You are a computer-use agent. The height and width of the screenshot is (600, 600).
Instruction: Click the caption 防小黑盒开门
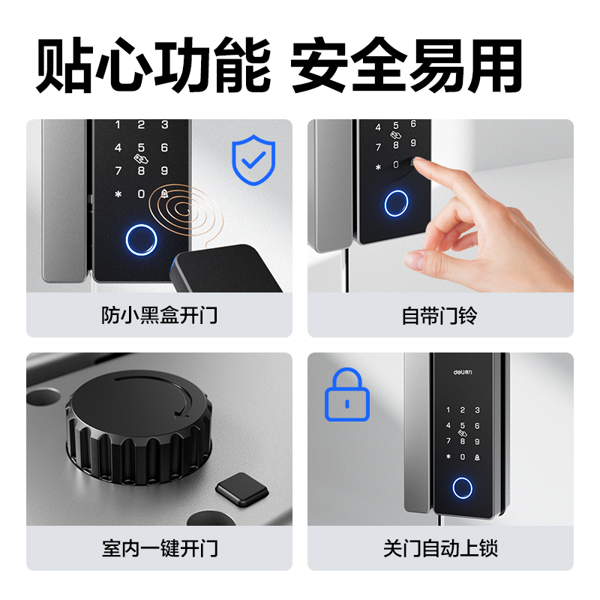[159, 315]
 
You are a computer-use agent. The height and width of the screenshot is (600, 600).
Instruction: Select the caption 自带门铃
[440, 315]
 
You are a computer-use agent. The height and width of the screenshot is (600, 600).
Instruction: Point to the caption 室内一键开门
[159, 548]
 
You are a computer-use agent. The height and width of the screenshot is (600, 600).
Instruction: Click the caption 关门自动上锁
[440, 548]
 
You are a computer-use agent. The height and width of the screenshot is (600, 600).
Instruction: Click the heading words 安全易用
[406, 67]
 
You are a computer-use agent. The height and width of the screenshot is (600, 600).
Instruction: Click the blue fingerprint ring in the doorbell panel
[395, 202]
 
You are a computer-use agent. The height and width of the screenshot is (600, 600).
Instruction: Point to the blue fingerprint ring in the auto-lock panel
[463, 488]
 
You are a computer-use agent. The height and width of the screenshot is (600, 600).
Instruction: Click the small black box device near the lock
[224, 269]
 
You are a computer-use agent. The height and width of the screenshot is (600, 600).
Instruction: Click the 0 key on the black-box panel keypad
[141, 194]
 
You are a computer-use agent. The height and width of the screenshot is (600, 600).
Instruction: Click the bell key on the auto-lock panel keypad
[477, 457]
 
